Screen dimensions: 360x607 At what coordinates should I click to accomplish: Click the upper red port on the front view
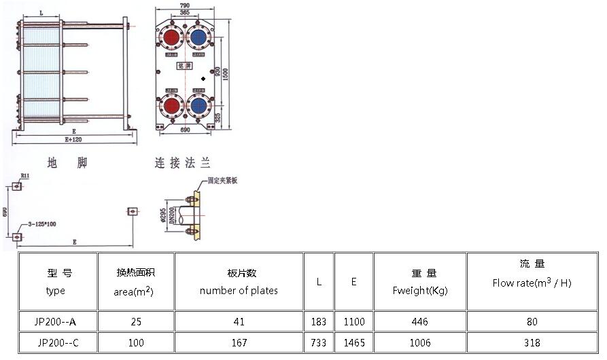(x=171, y=36)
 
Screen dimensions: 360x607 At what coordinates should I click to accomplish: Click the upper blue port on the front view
(x=198, y=36)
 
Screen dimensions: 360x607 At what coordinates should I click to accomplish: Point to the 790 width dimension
(x=184, y=6)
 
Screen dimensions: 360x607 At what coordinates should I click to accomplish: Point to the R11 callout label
(x=24, y=176)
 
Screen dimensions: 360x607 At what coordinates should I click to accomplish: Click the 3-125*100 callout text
(x=42, y=223)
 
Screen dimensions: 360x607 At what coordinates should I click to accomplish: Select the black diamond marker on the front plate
(x=203, y=79)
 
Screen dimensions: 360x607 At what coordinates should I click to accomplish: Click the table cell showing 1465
(x=353, y=343)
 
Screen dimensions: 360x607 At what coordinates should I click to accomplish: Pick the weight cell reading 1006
(x=420, y=343)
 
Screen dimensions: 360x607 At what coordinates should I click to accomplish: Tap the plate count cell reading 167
(x=239, y=343)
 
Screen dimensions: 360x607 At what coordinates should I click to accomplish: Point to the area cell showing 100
(x=136, y=343)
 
